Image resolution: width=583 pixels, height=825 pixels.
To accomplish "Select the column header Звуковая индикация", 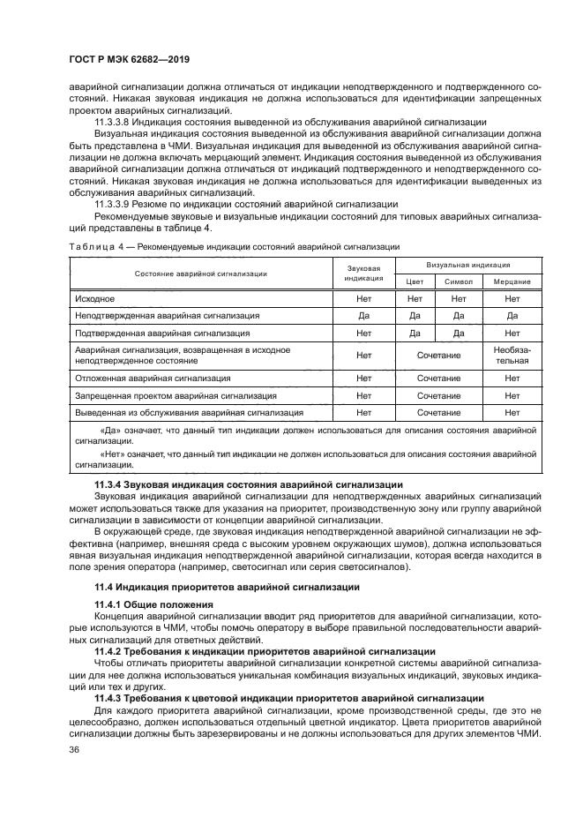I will pyautogui.click(x=363, y=272).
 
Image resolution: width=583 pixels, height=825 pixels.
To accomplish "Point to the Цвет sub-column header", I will pyautogui.click(x=415, y=281).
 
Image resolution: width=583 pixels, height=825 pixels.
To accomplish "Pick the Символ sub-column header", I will pyautogui.click(x=459, y=281).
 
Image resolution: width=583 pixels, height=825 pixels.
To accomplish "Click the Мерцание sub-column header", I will pyautogui.click(x=512, y=281).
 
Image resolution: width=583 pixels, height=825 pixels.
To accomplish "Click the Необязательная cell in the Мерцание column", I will pyautogui.click(x=512, y=355).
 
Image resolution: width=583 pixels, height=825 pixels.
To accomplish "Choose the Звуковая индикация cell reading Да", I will pyautogui.click(x=363, y=315).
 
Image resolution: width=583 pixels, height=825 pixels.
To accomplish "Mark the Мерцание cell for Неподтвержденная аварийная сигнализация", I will pyautogui.click(x=512, y=315).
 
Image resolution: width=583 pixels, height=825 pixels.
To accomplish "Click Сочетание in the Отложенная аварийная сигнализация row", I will pyautogui.click(x=438, y=378).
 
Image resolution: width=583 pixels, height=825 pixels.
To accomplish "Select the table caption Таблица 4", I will pyautogui.click(x=92, y=246).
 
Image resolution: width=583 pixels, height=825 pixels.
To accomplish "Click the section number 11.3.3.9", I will pyautogui.click(x=115, y=204).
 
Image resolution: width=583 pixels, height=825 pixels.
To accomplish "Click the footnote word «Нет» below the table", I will pyautogui.click(x=114, y=454).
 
